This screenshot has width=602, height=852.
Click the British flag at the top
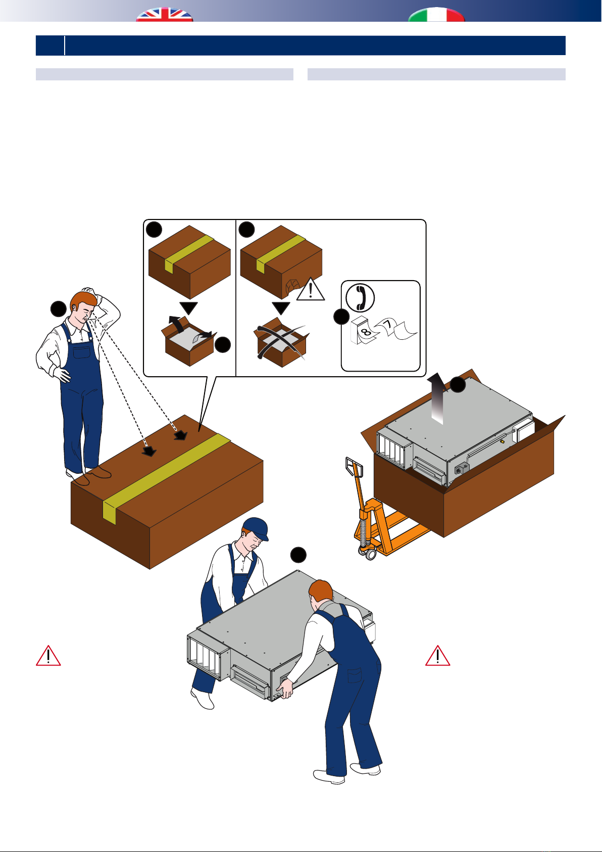pyautogui.click(x=165, y=15)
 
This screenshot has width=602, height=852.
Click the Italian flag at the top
pyautogui.click(x=436, y=15)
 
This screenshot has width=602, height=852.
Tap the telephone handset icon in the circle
pyautogui.click(x=360, y=298)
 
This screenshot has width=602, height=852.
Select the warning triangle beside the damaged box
pyautogui.click(x=310, y=290)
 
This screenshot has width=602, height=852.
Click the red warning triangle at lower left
pyautogui.click(x=48, y=656)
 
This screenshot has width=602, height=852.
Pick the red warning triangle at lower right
pyautogui.click(x=437, y=656)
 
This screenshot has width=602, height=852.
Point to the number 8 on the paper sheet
pyautogui.click(x=366, y=332)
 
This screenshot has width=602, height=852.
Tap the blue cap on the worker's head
pyautogui.click(x=256, y=528)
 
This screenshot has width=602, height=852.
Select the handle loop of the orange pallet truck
pyautogui.click(x=354, y=467)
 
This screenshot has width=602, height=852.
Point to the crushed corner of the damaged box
pyautogui.click(x=292, y=286)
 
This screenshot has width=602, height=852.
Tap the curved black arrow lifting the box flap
pyautogui.click(x=177, y=325)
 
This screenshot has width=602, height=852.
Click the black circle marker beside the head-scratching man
pyautogui.click(x=59, y=309)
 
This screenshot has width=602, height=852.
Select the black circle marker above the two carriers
pyautogui.click(x=298, y=555)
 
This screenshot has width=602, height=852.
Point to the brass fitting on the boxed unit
pyautogui.click(x=502, y=442)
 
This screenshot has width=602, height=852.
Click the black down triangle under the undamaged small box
pyautogui.click(x=189, y=308)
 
